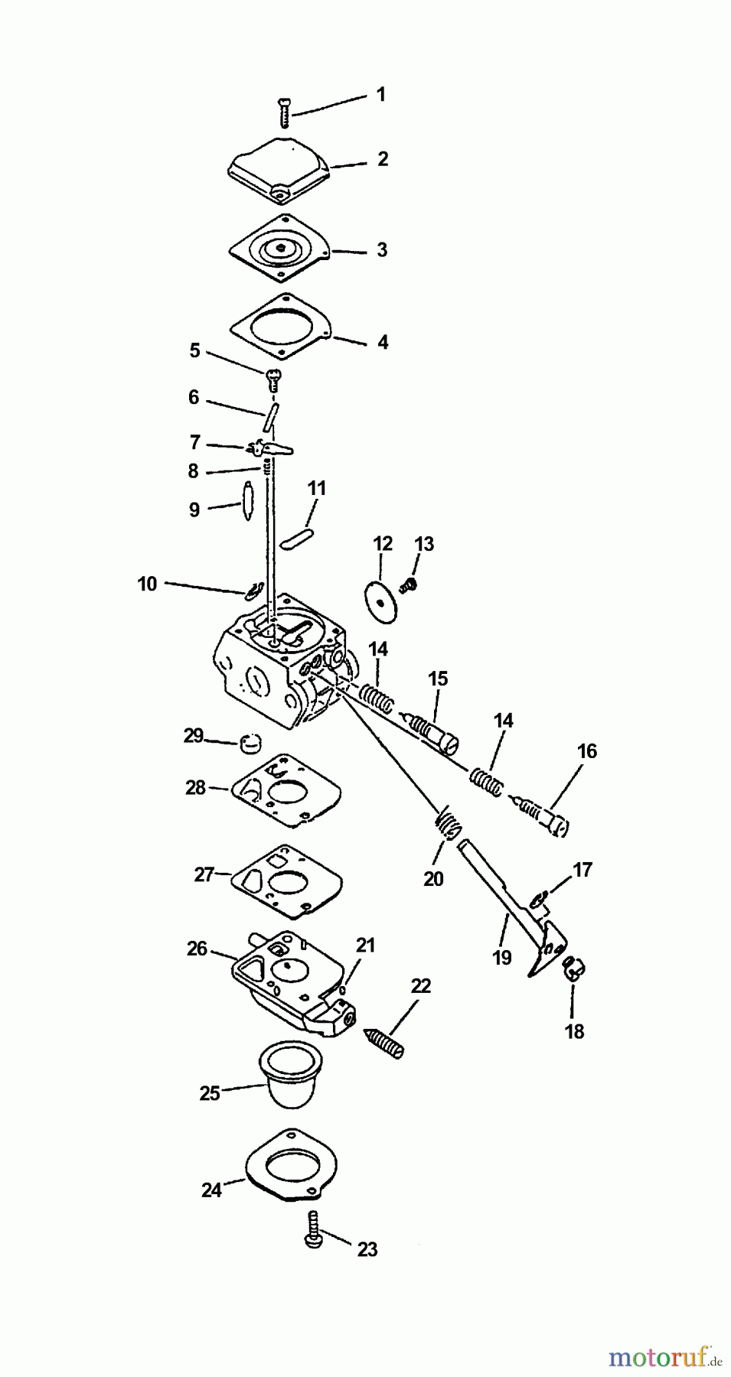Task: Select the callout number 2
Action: [383, 159]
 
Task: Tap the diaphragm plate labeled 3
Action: [280, 249]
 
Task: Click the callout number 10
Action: [147, 584]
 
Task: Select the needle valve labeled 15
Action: [433, 730]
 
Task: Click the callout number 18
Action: [574, 1031]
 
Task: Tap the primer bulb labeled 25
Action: [291, 1073]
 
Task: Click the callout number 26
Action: [197, 949]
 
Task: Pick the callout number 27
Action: [204, 874]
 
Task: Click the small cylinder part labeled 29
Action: [250, 742]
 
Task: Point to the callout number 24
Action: [212, 1190]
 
